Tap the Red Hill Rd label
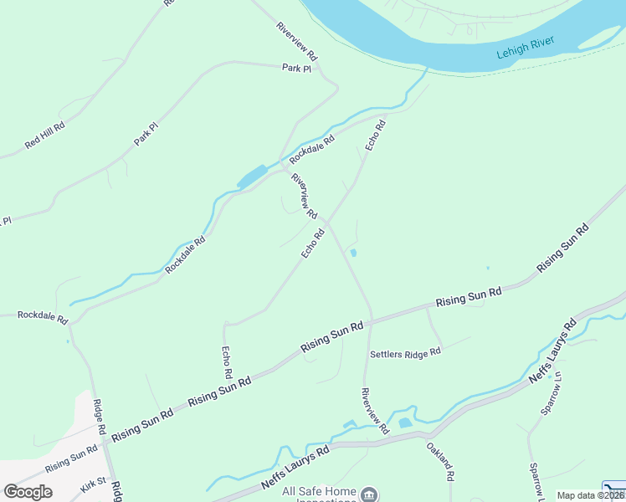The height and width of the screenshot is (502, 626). (x=45, y=132)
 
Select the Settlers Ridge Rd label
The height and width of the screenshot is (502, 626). (x=405, y=353)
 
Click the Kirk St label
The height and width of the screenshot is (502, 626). (x=93, y=483)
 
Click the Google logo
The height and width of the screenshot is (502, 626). (x=28, y=492)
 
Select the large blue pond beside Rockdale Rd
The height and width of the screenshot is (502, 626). (x=252, y=177)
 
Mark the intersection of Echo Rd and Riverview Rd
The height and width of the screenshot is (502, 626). (x=328, y=223)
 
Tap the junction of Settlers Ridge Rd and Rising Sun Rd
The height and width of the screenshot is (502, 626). (x=427, y=307)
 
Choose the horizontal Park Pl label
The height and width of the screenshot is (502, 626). (x=296, y=69)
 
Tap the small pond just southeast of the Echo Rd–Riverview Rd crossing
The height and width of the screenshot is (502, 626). (x=353, y=253)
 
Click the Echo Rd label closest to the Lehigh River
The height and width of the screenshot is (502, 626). (x=376, y=136)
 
